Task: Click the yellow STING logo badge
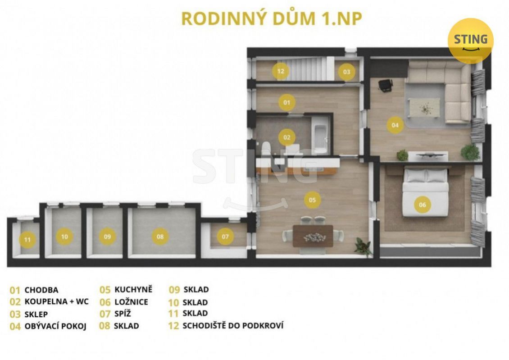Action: (x=470, y=40)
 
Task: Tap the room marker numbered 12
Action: (x=281, y=71)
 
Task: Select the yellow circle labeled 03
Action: (x=347, y=72)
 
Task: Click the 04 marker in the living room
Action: (x=395, y=125)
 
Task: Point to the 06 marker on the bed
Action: (x=422, y=205)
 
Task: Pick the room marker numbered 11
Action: (x=27, y=240)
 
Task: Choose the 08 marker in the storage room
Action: (x=160, y=237)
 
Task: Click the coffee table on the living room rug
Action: (x=425, y=107)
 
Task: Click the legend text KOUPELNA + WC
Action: (x=56, y=301)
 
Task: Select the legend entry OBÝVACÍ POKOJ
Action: (x=55, y=326)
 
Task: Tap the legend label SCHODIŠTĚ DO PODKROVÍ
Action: (x=233, y=325)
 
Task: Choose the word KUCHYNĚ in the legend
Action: (x=133, y=289)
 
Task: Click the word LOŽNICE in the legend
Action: (x=131, y=302)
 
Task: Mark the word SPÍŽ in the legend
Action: (x=123, y=314)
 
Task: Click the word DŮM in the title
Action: (x=294, y=18)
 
